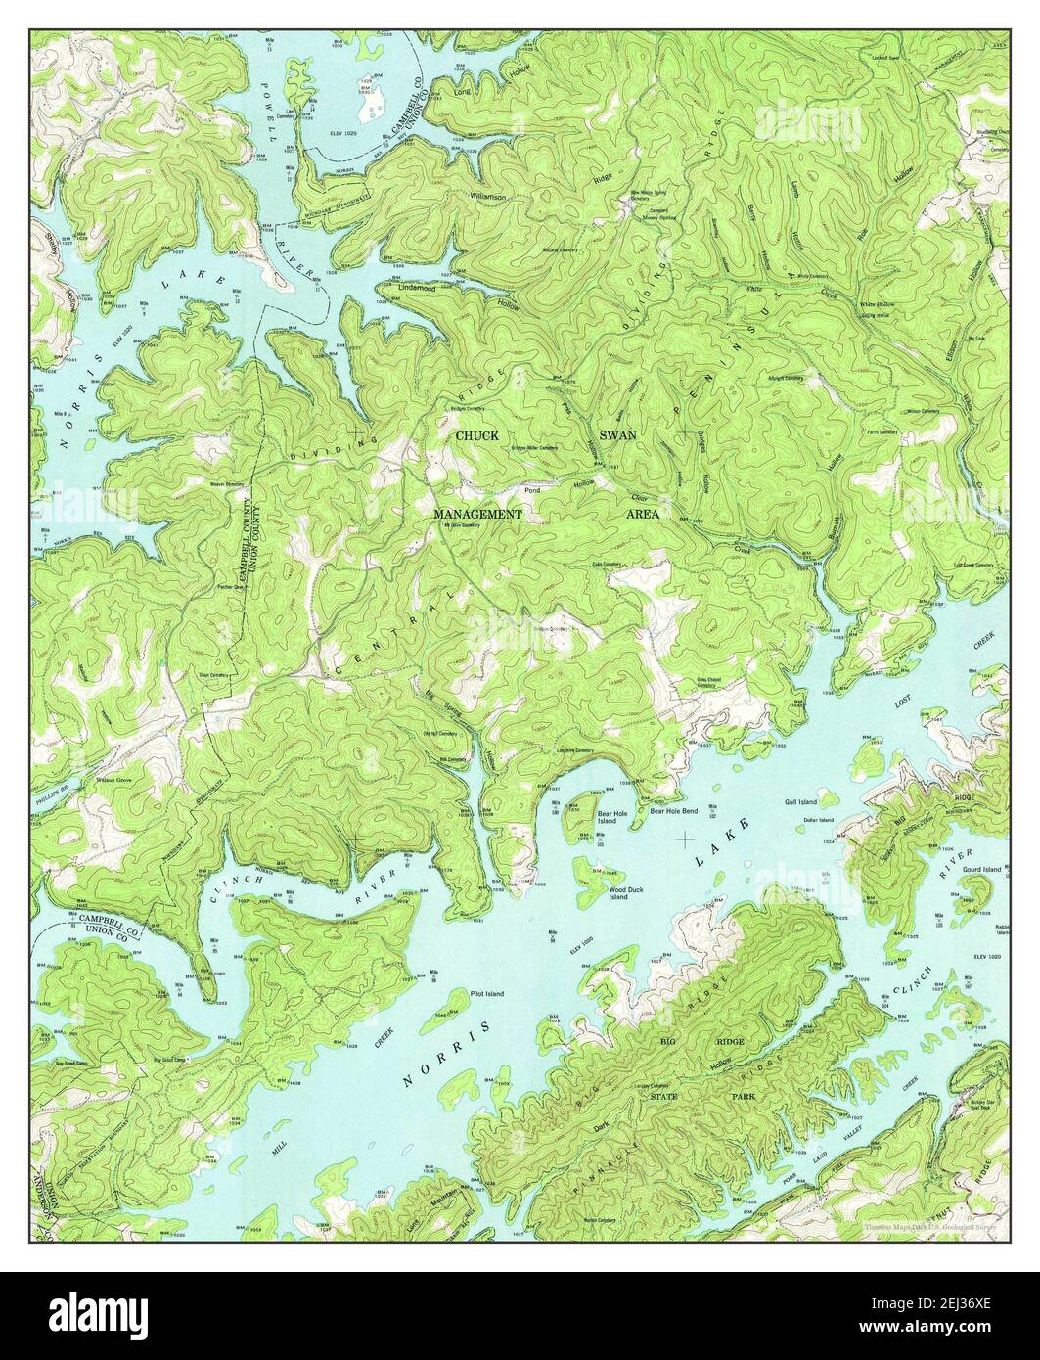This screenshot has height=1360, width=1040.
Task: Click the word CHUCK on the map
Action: click(x=476, y=435)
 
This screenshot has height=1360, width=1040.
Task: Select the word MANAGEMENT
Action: click(x=478, y=513)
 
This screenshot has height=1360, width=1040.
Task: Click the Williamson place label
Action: click(x=486, y=197)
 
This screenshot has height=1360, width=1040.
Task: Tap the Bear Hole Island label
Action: click(x=607, y=816)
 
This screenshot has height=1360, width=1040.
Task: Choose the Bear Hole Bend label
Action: click(x=668, y=811)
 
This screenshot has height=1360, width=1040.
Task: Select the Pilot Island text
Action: click(x=486, y=994)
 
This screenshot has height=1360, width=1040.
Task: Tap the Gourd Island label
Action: click(x=983, y=869)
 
